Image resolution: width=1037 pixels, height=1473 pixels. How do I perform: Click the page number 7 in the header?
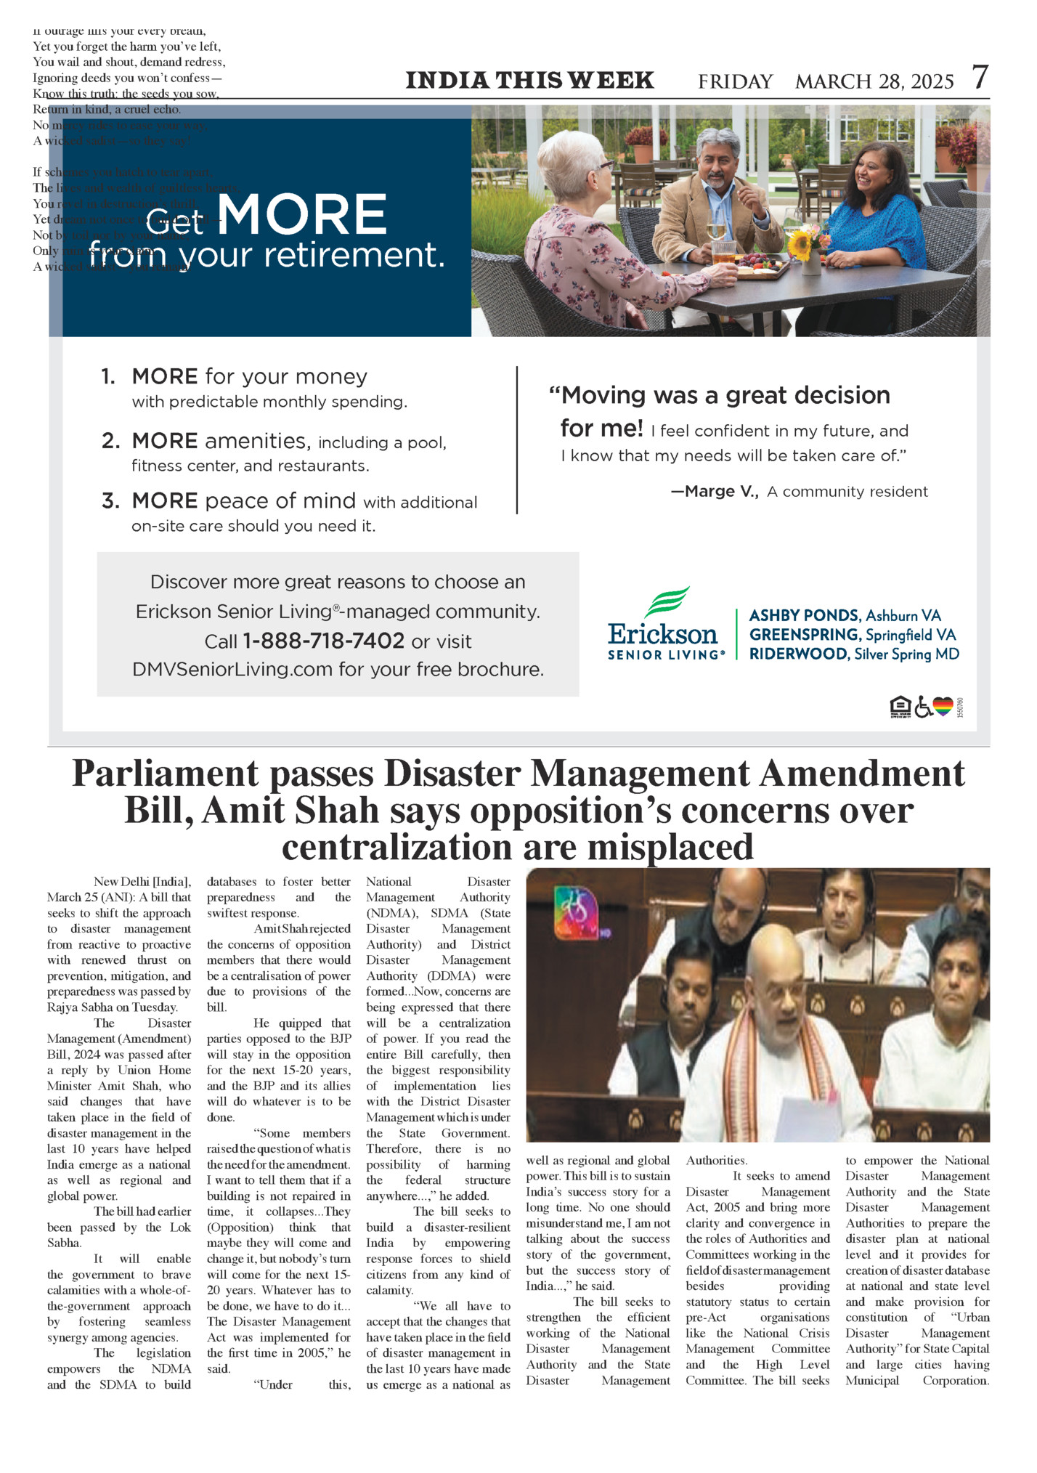[980, 77]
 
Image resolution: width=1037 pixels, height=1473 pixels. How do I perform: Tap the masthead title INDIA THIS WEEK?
[529, 80]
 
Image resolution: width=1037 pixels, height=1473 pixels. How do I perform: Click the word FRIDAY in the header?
[735, 81]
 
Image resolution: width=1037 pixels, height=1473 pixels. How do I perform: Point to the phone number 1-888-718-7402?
[323, 641]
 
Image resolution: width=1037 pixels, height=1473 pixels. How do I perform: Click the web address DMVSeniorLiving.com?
[232, 669]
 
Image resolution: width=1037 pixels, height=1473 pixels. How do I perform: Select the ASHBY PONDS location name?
[805, 615]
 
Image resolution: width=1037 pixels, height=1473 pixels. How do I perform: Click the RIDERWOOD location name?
[798, 654]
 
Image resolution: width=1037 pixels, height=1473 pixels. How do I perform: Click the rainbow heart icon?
[943, 706]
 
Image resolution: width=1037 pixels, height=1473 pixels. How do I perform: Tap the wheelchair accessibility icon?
[922, 706]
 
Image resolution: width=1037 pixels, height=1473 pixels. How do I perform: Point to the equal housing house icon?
[900, 706]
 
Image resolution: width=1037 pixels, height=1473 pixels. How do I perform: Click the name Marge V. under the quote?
[714, 492]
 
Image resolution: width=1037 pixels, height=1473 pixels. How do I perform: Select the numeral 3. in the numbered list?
[110, 501]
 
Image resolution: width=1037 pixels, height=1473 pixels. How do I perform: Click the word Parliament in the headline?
[165, 774]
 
